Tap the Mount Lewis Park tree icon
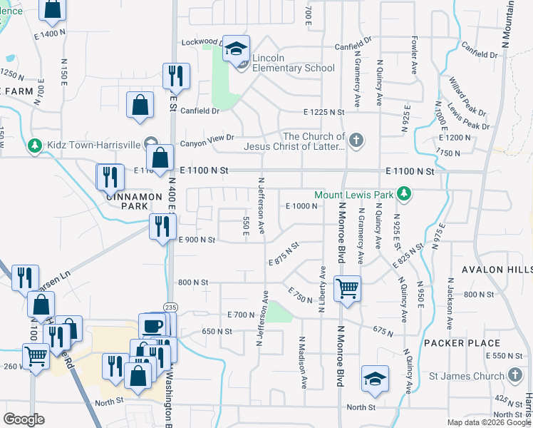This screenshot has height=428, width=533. [404, 194]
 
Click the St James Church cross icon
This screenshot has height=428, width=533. [516, 375]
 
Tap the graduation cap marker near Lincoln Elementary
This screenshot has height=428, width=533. [237, 49]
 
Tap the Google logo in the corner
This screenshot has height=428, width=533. [24, 419]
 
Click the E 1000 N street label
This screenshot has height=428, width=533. [301, 205]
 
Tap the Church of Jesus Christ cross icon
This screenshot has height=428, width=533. [357, 141]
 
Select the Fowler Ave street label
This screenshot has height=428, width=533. [413, 57]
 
